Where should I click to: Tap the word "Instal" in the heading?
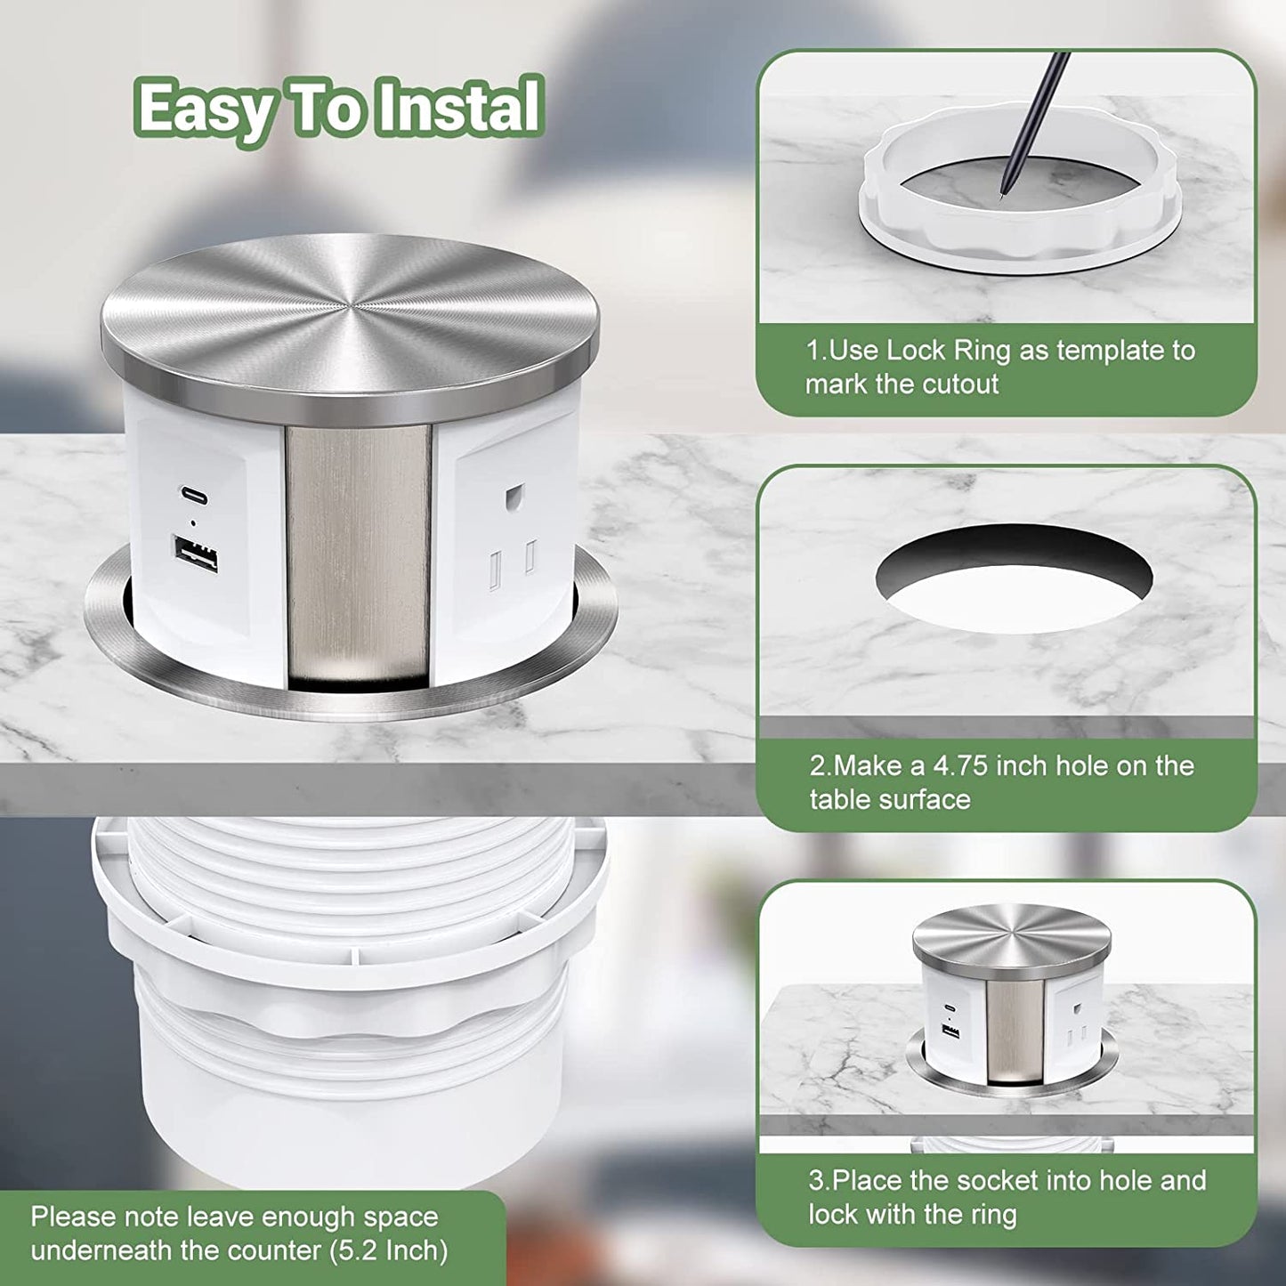point(458,105)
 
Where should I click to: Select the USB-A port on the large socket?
point(195,554)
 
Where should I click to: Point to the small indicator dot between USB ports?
point(193,523)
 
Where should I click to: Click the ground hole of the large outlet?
point(514,497)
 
